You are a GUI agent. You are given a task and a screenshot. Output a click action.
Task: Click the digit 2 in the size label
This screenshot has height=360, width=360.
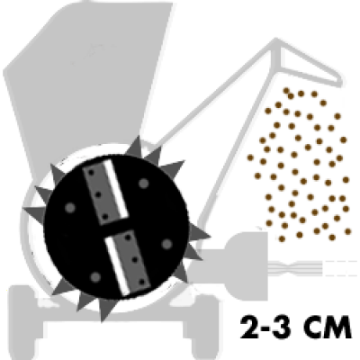coord(251,327)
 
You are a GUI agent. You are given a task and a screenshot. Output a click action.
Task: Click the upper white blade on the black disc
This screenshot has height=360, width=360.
coord(115,189)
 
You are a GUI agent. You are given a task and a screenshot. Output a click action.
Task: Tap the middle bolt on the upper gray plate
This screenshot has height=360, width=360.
coord(98,195)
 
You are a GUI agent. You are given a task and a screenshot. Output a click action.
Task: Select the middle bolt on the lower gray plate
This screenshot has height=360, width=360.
coord(135,259)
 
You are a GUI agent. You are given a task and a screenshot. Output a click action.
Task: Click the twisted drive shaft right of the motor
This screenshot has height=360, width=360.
coord(295,266)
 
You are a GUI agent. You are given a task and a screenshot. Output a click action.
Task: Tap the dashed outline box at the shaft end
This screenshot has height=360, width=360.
coord(340,268)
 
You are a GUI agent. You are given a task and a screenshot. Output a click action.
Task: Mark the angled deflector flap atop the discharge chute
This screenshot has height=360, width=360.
coord(309,65)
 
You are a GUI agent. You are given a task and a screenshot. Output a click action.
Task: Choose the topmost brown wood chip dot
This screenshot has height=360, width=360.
coord(286,90)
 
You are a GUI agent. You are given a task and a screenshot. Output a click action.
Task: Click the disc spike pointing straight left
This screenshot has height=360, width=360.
coord(33,211)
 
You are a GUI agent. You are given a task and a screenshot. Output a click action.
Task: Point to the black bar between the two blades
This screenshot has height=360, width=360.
coord(117,228)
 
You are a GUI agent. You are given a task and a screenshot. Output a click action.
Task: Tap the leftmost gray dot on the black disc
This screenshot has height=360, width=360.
coord(70,208)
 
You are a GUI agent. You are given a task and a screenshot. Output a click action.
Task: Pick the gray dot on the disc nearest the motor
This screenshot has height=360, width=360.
coord(166,244)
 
